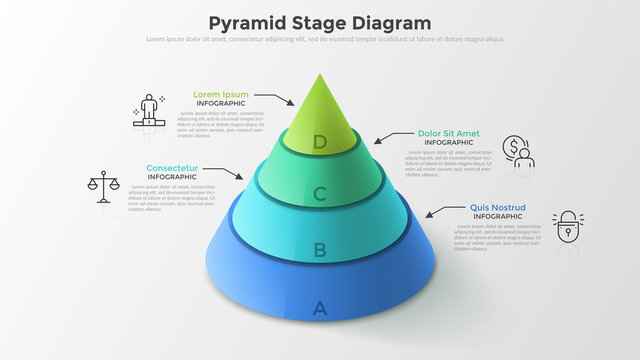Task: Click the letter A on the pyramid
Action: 320,308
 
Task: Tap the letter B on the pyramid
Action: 320,250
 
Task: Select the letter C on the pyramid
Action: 320,194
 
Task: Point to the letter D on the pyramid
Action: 320,142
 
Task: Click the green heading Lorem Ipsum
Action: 221,95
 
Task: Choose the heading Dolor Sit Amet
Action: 448,133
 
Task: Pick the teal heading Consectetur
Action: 172,167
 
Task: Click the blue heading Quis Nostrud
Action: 498,207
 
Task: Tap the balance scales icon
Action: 102,186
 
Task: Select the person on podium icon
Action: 150,109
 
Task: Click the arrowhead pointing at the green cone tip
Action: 291,102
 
